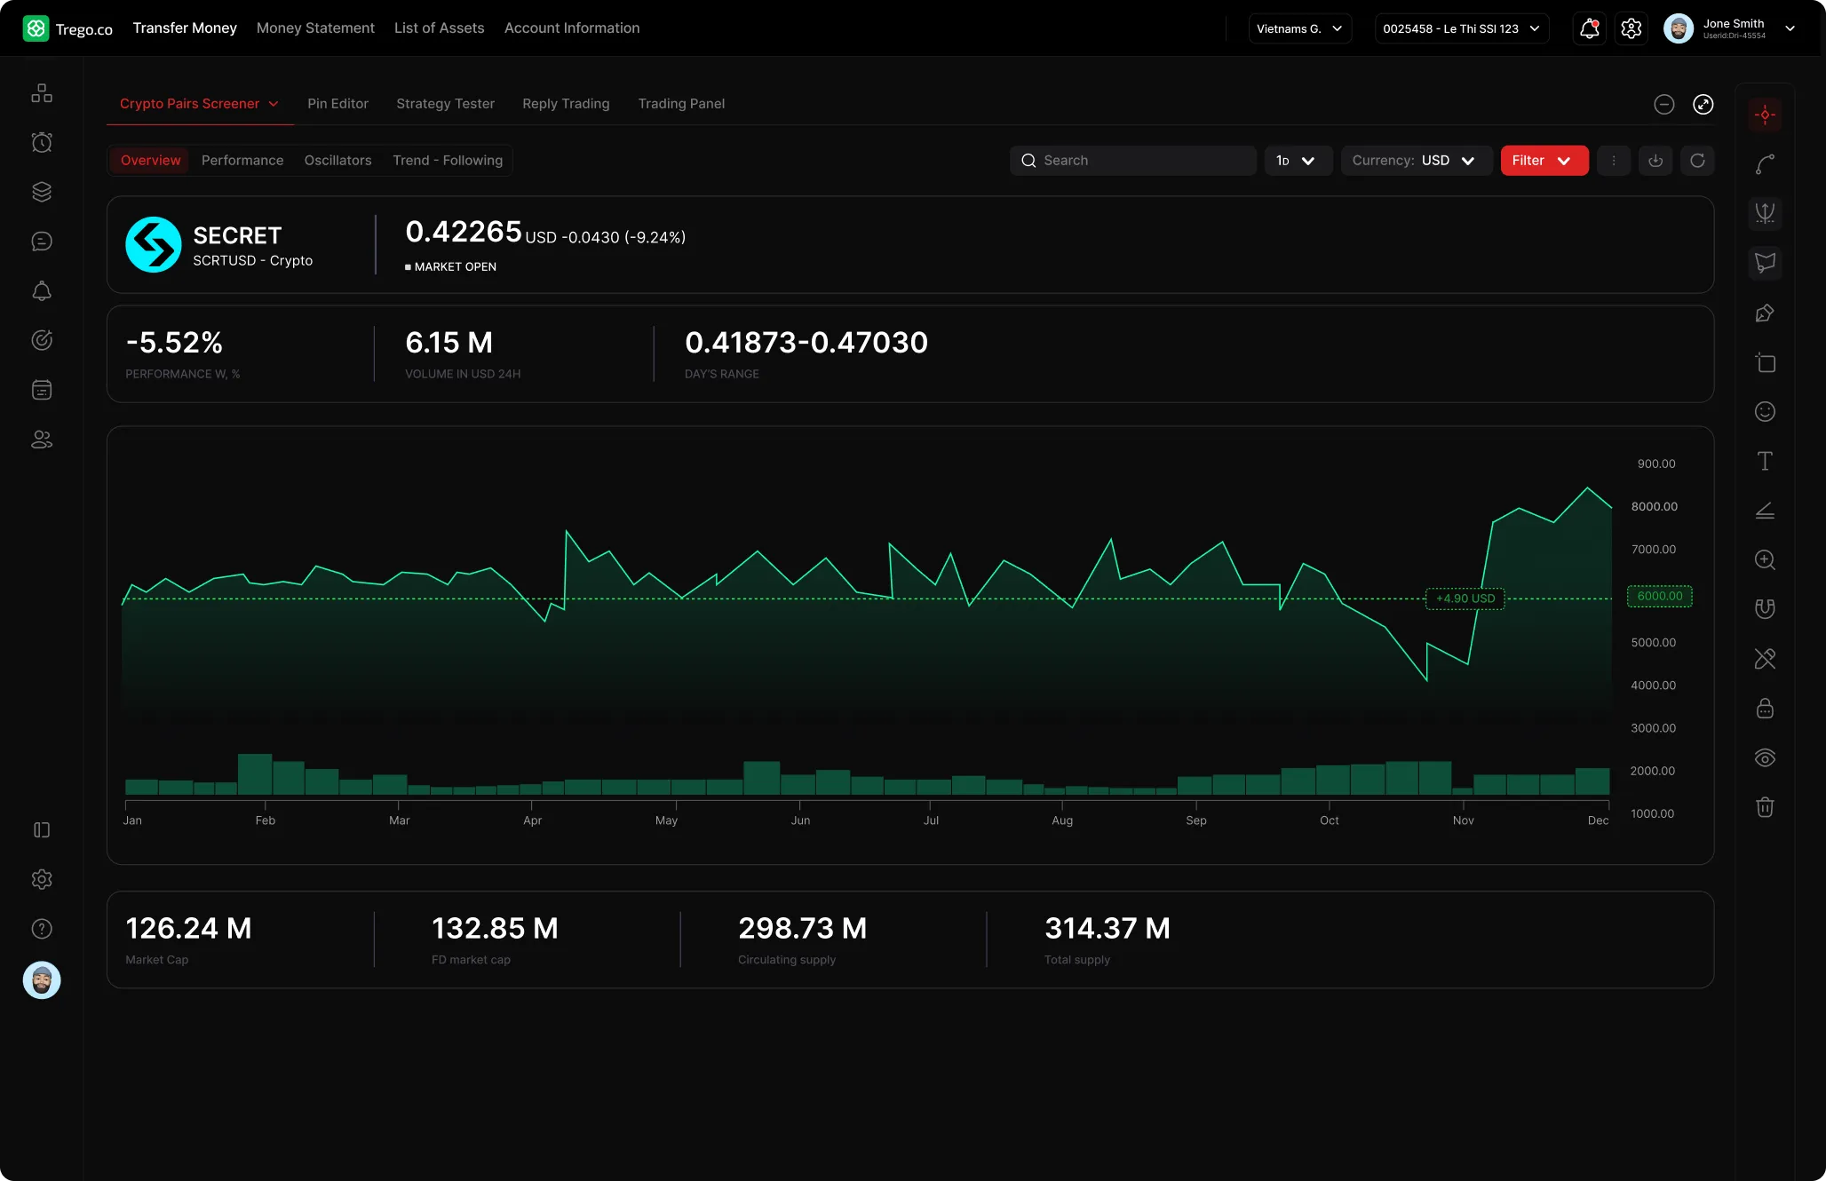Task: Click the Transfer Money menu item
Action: [185, 28]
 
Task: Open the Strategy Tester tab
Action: [445, 104]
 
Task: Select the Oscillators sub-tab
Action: [337, 161]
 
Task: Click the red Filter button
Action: [1544, 161]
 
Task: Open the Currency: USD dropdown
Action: [1416, 161]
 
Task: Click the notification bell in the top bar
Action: [1589, 29]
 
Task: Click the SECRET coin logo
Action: [154, 244]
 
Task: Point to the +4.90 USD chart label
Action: [1465, 598]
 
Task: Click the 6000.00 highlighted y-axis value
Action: [1659, 596]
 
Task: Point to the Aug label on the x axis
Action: [1062, 820]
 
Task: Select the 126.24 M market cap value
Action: [188, 929]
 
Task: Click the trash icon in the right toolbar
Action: [1765, 807]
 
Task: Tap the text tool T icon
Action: [1765, 461]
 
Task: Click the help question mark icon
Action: [42, 929]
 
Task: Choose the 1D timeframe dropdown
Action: [1297, 161]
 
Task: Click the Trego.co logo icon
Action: [36, 28]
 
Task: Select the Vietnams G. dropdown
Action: [1299, 29]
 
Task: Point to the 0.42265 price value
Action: [464, 232]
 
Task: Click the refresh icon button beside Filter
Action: [1697, 161]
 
